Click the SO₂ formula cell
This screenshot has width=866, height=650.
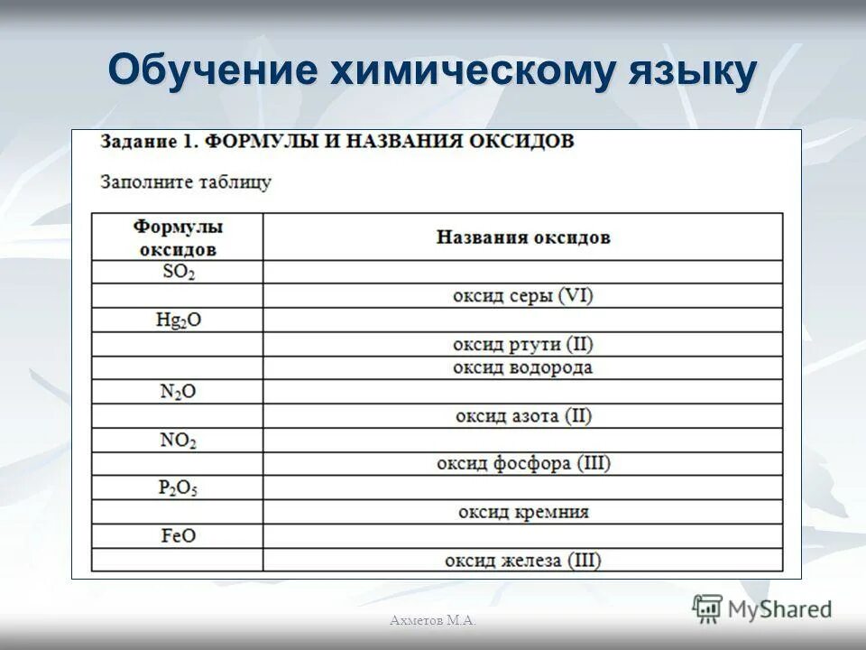178,272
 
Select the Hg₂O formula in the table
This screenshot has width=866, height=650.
178,320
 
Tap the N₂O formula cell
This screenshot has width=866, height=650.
178,392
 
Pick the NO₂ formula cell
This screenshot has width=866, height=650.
178,441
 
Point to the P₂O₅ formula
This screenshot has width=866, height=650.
178,487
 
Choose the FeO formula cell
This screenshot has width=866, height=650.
178,535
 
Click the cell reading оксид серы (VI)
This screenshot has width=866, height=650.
523,296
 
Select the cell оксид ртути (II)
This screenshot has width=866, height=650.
523,344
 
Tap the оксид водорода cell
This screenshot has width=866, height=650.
523,367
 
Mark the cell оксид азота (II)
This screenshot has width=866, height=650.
523,416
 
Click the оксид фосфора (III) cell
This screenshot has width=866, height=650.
523,464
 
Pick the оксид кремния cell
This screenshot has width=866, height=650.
523,512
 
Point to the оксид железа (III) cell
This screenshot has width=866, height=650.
523,560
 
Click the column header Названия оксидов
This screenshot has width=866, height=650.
523,237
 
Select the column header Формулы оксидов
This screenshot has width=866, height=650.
178,237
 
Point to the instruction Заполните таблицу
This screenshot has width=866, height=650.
186,181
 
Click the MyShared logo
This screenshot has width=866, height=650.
762,608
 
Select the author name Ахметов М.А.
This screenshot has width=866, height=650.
433,619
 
